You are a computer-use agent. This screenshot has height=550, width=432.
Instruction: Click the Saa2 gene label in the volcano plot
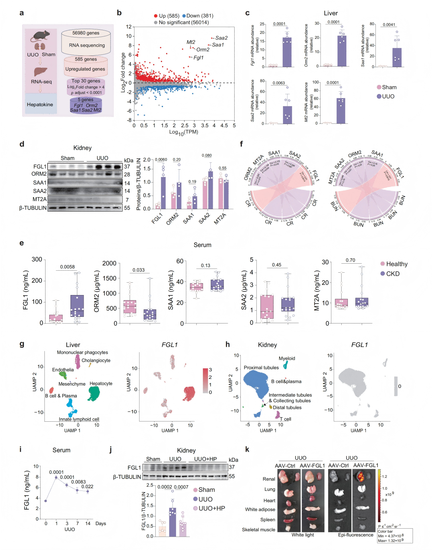[x=222, y=38]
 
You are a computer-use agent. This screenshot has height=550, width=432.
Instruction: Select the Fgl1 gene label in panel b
[x=198, y=57]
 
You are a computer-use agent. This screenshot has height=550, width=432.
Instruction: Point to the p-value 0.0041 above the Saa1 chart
[x=389, y=25]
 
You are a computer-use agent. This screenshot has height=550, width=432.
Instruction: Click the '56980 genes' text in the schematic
[x=86, y=33]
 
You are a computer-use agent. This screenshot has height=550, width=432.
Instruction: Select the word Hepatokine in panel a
[x=40, y=105]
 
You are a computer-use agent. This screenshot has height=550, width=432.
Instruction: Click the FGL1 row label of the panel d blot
[x=40, y=166]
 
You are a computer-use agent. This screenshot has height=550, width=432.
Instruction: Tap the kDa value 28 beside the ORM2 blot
[x=127, y=174]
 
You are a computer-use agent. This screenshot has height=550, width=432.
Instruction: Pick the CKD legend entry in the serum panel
[x=393, y=274]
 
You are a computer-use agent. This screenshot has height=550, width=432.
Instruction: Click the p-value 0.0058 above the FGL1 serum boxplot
[x=67, y=267]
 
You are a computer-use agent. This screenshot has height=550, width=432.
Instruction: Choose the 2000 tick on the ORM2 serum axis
[x=109, y=263]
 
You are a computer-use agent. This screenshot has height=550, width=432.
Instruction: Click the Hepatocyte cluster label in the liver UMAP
[x=101, y=384]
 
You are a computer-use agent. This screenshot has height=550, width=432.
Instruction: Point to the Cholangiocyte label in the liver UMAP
[x=96, y=361]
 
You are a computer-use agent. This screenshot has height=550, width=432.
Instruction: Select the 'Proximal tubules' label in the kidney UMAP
[x=261, y=368]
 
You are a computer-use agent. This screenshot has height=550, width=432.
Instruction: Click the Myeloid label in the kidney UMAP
[x=287, y=359]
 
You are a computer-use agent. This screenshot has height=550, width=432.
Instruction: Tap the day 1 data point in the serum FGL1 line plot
[x=56, y=477]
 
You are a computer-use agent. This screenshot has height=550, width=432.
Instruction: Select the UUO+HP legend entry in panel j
[x=211, y=508]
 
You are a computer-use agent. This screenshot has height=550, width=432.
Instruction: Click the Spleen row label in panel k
[x=268, y=520]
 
